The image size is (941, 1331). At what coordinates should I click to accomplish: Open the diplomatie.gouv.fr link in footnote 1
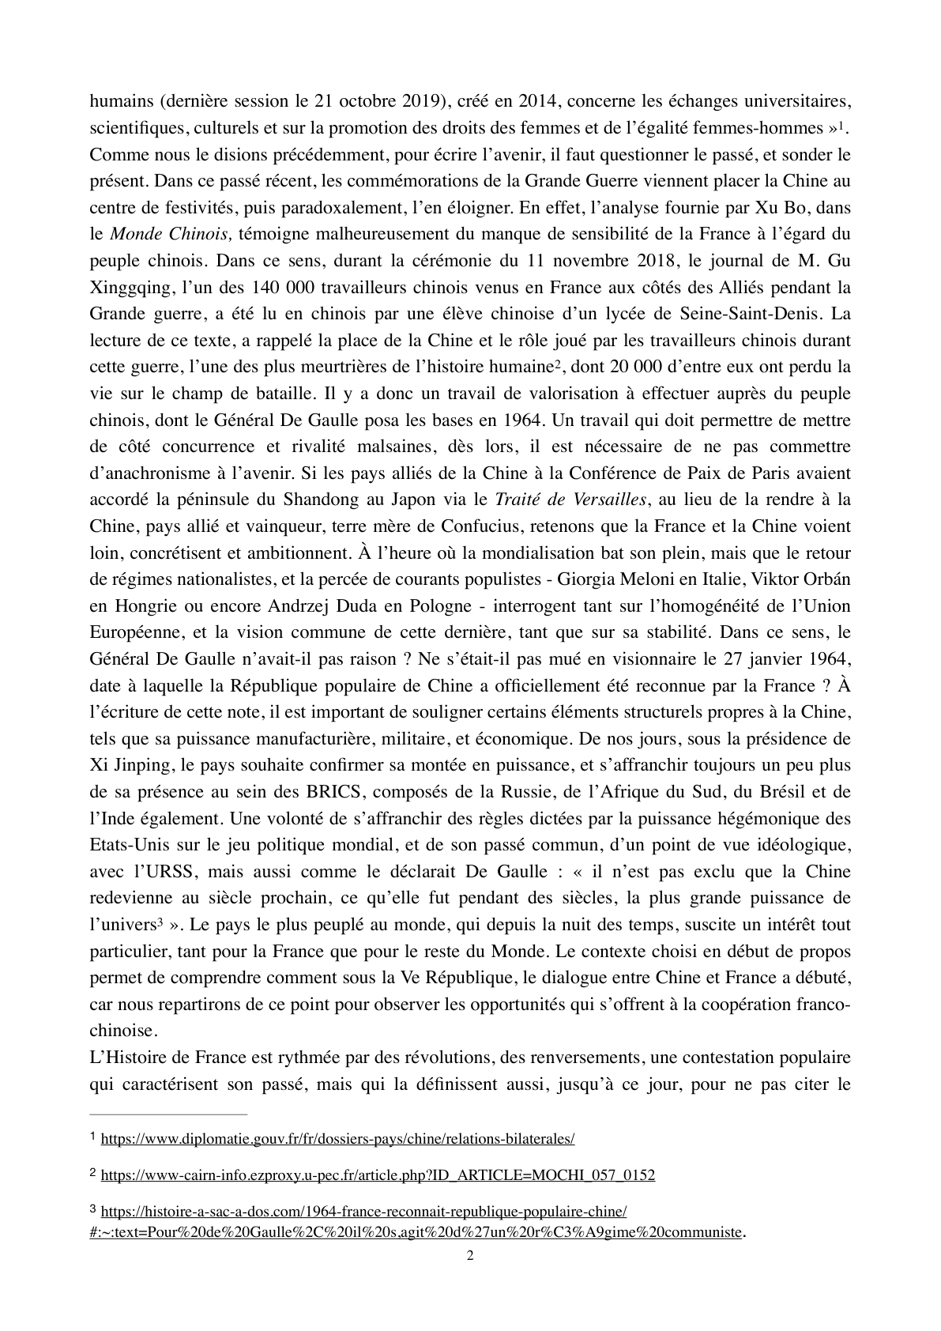(x=337, y=1139)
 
